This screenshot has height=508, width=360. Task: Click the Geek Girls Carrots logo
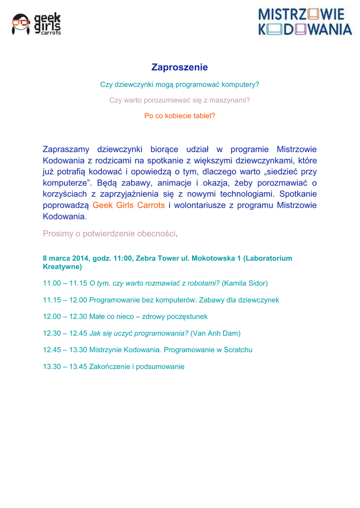pyautogui.click(x=36, y=24)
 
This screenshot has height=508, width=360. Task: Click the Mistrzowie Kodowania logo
pyautogui.click(x=305, y=21)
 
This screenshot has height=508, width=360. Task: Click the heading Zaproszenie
pyautogui.click(x=180, y=67)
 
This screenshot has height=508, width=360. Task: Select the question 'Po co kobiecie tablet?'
pyautogui.click(x=180, y=116)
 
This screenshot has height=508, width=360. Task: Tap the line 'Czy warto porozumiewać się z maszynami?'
pyautogui.click(x=180, y=100)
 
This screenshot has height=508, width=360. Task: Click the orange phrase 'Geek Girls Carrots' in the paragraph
pyautogui.click(x=129, y=205)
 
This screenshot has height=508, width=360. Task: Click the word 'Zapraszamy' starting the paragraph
pyautogui.click(x=66, y=149)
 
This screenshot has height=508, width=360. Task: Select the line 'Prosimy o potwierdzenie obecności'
pyautogui.click(x=109, y=233)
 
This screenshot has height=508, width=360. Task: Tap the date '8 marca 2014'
pyautogui.click(x=64, y=258)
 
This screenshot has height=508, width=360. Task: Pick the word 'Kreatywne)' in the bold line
pyautogui.click(x=63, y=266)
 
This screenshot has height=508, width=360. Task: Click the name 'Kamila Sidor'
pyautogui.click(x=245, y=283)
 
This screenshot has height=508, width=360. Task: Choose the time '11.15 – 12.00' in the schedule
pyautogui.click(x=65, y=300)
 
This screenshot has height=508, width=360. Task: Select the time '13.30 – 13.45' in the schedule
pyautogui.click(x=65, y=367)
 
